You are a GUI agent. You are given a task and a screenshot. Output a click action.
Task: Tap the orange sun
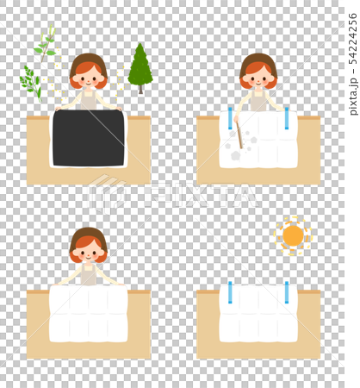293,236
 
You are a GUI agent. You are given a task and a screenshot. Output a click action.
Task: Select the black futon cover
89,138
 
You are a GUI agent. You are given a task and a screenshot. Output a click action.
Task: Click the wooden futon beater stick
239,135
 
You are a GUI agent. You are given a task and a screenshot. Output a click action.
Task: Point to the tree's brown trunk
140,90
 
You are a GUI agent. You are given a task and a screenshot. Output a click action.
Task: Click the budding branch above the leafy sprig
46,43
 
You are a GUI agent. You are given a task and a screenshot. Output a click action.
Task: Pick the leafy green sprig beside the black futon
31,84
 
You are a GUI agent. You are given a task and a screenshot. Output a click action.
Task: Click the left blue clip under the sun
230,292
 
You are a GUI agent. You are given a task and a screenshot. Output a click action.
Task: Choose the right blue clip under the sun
287,292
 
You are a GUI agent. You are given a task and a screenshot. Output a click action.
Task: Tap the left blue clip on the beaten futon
230,118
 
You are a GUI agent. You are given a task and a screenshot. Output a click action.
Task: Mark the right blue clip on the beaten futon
287,118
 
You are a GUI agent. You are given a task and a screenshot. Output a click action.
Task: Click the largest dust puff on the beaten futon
236,155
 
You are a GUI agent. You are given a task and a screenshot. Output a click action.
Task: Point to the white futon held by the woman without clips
89,313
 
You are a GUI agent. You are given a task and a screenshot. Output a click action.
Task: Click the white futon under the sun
258,313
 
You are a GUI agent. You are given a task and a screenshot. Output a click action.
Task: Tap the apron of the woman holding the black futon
89,99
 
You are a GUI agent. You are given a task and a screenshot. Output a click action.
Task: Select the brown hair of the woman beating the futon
258,63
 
